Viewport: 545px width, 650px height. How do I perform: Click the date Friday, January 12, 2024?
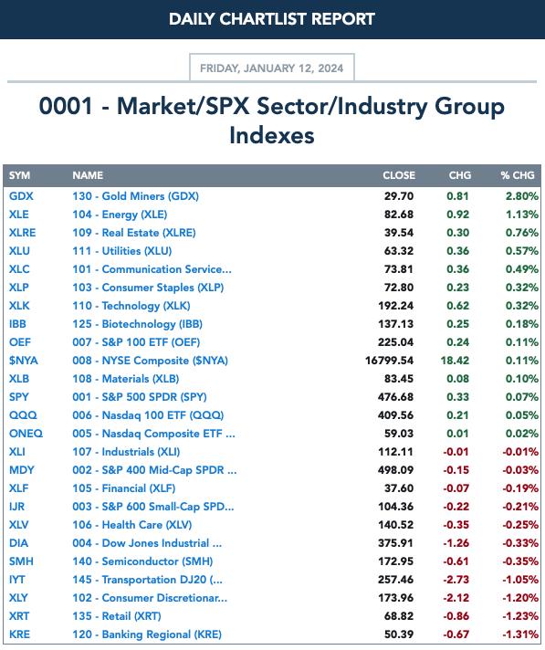click(271, 68)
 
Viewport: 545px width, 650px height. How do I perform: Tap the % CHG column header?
click(518, 175)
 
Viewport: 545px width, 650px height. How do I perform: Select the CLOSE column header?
click(399, 175)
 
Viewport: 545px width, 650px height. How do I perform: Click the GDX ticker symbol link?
click(21, 196)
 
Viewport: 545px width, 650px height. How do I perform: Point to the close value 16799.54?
click(389, 361)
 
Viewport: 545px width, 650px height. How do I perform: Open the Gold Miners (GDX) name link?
click(135, 196)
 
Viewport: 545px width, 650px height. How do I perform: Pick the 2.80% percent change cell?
click(522, 196)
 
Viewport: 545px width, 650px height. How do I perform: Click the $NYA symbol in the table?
click(23, 361)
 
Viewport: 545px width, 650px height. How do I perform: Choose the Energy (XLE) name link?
click(120, 215)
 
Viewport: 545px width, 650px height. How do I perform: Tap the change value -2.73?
click(456, 579)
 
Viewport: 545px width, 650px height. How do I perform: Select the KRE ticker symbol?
click(19, 634)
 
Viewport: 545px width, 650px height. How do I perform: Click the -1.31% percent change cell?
click(520, 634)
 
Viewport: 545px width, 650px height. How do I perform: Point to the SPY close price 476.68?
click(395, 397)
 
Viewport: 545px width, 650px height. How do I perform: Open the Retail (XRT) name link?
click(117, 616)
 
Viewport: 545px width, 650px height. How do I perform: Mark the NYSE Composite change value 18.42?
click(455, 361)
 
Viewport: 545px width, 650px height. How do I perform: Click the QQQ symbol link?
click(23, 415)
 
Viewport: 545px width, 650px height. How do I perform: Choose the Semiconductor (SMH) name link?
click(142, 561)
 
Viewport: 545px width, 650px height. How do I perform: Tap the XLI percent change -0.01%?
click(520, 451)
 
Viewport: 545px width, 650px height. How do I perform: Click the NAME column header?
click(88, 175)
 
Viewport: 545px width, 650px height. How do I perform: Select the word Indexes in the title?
click(272, 135)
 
